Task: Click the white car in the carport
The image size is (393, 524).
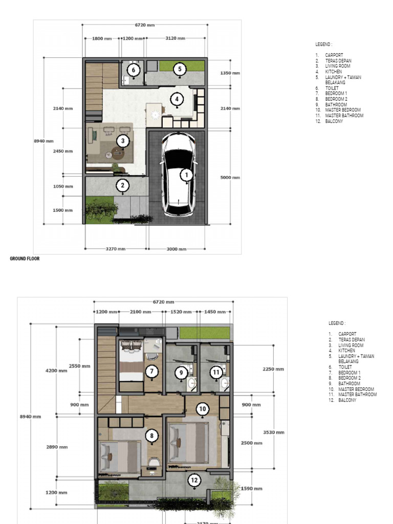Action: [x=178, y=176]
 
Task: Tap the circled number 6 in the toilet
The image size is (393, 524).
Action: [x=134, y=70]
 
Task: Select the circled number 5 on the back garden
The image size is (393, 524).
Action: [x=180, y=69]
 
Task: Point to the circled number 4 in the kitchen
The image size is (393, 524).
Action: [x=177, y=99]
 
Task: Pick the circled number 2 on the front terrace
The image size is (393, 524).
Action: [x=123, y=185]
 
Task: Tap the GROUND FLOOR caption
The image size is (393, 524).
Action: [x=25, y=259]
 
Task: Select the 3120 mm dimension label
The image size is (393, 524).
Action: [x=176, y=38]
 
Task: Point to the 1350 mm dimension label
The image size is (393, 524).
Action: [x=230, y=73]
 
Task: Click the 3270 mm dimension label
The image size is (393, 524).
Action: [x=116, y=249]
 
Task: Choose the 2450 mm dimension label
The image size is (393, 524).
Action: [x=62, y=151]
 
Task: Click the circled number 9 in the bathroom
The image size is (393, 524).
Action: [x=182, y=373]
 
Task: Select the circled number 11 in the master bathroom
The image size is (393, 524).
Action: [x=216, y=373]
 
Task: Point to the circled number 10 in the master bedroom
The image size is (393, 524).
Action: [x=203, y=409]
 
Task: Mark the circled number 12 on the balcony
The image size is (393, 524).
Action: [x=194, y=480]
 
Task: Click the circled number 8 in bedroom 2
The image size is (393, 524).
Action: [x=151, y=436]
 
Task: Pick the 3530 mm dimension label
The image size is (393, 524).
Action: [x=274, y=432]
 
